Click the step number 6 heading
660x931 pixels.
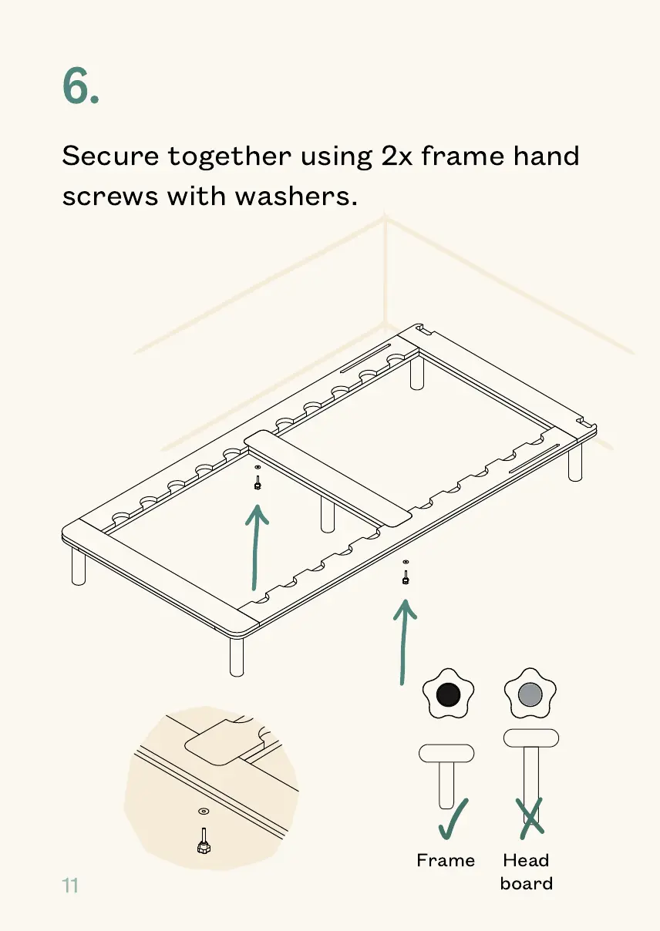pos(79,86)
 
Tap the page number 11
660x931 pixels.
pos(70,886)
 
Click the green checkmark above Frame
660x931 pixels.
pos(453,818)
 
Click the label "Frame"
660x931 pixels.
pos(446,860)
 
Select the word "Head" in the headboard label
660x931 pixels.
pos(526,860)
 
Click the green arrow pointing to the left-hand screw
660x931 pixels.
pos(257,547)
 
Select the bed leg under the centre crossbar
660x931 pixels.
pos(328,514)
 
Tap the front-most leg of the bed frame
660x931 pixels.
pos(237,657)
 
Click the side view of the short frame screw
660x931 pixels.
pos(446,775)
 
